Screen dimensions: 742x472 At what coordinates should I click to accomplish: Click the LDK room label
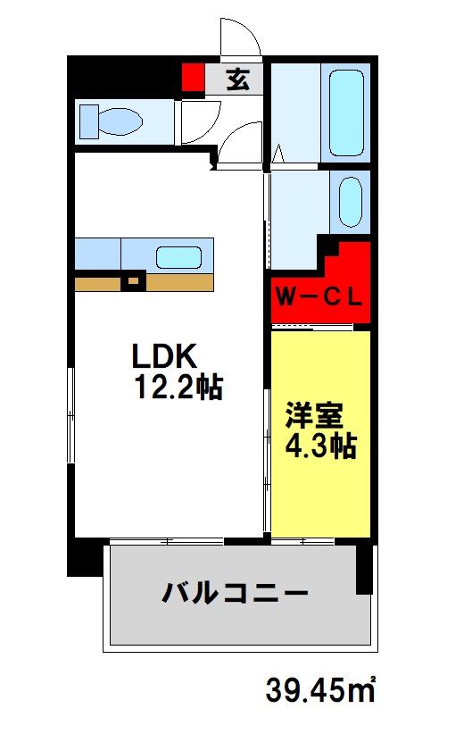(163, 355)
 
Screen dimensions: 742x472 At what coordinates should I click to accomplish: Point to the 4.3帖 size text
(320, 446)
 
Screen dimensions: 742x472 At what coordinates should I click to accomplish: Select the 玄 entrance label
(236, 80)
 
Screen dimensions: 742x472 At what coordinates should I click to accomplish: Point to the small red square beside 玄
(193, 78)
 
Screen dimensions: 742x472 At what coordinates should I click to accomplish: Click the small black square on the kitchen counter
(133, 282)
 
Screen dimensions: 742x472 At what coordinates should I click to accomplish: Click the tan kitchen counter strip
(178, 282)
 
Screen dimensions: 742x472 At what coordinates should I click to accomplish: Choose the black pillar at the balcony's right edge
(364, 566)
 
